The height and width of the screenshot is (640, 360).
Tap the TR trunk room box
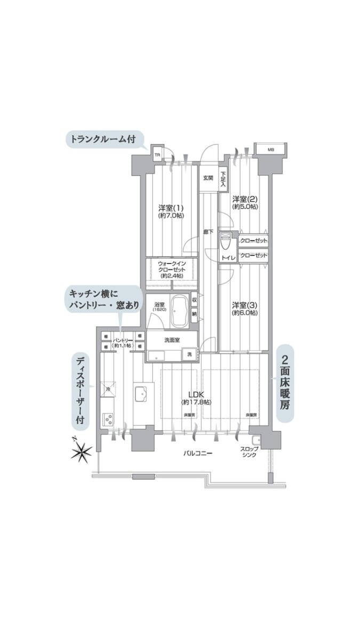click(x=157, y=155)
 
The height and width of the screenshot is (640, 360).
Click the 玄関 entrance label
click(x=207, y=178)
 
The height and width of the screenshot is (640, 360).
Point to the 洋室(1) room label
click(x=171, y=211)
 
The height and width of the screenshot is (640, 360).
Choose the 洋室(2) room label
click(x=245, y=202)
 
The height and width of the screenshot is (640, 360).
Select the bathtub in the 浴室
click(x=178, y=311)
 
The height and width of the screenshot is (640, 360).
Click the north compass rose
click(x=81, y=452)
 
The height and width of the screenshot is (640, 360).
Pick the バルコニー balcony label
click(x=198, y=453)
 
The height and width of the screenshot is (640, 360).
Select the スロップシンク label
click(x=250, y=452)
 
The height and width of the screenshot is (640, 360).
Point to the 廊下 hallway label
click(x=208, y=231)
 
